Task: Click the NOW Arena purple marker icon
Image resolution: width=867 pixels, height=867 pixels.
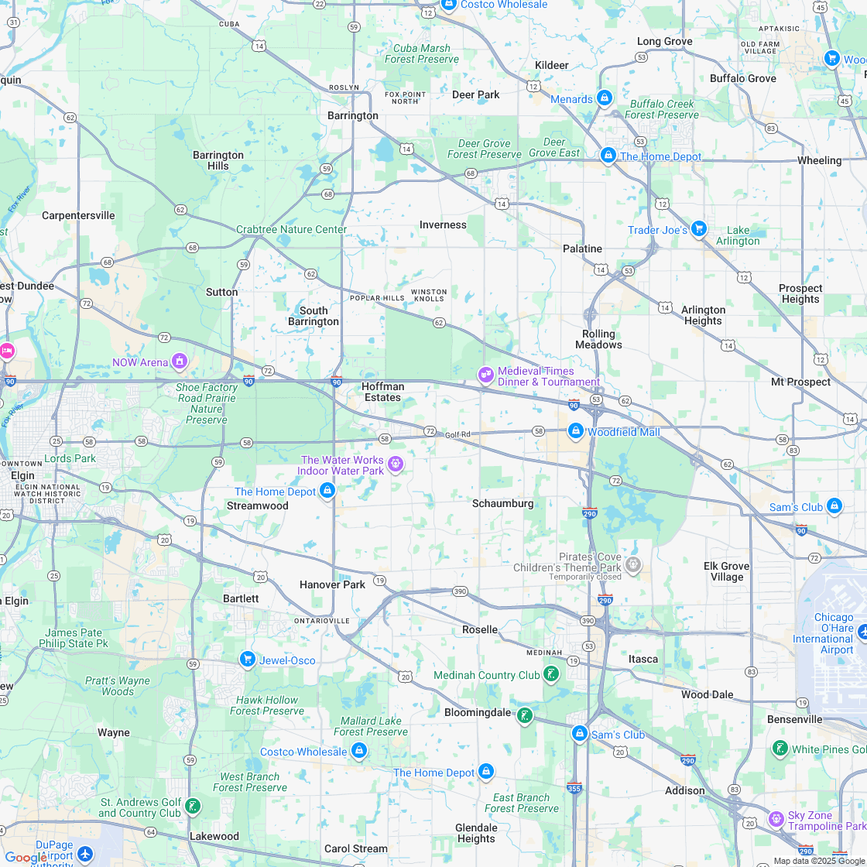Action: click(x=180, y=362)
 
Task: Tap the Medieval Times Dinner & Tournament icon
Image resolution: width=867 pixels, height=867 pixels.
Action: click(x=486, y=375)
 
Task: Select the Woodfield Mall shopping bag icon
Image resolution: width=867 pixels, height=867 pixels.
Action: click(x=575, y=431)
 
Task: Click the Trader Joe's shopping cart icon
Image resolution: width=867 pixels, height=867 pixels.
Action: click(x=699, y=229)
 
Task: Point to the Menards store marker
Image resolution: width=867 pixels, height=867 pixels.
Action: click(x=605, y=98)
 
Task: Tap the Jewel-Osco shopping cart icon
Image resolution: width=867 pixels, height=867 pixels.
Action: click(x=248, y=660)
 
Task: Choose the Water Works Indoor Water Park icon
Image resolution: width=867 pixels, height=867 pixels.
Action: click(x=396, y=464)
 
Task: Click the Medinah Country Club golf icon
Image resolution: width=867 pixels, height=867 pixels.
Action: click(x=551, y=674)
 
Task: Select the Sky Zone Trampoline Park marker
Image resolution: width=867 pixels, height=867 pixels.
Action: click(x=776, y=819)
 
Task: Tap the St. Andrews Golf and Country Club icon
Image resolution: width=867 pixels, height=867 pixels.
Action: click(x=192, y=807)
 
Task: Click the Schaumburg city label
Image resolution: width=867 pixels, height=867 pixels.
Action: click(x=502, y=503)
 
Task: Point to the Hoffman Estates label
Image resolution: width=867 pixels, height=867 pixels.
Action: click(x=382, y=392)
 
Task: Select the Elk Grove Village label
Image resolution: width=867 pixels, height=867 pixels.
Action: click(x=727, y=571)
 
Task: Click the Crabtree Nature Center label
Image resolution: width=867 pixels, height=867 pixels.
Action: click(x=291, y=229)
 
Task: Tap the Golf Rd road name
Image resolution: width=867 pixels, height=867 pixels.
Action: click(x=457, y=434)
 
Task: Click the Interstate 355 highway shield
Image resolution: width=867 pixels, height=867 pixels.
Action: click(x=574, y=788)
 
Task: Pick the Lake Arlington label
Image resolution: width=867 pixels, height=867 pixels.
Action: click(x=738, y=235)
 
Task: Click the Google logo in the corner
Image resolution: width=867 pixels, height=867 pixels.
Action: click(x=25, y=857)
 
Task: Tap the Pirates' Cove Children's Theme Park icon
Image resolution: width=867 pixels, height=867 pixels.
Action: click(x=633, y=564)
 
